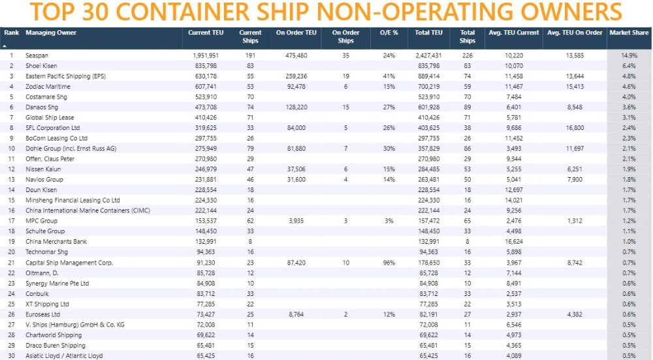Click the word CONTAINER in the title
point(223,13)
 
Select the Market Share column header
point(629,33)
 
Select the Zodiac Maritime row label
point(49,87)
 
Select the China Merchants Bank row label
point(56,242)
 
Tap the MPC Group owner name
point(41,221)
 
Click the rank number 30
point(11,355)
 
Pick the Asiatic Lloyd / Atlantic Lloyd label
point(63,355)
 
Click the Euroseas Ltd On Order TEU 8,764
point(296,314)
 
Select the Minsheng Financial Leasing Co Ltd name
point(72,201)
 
